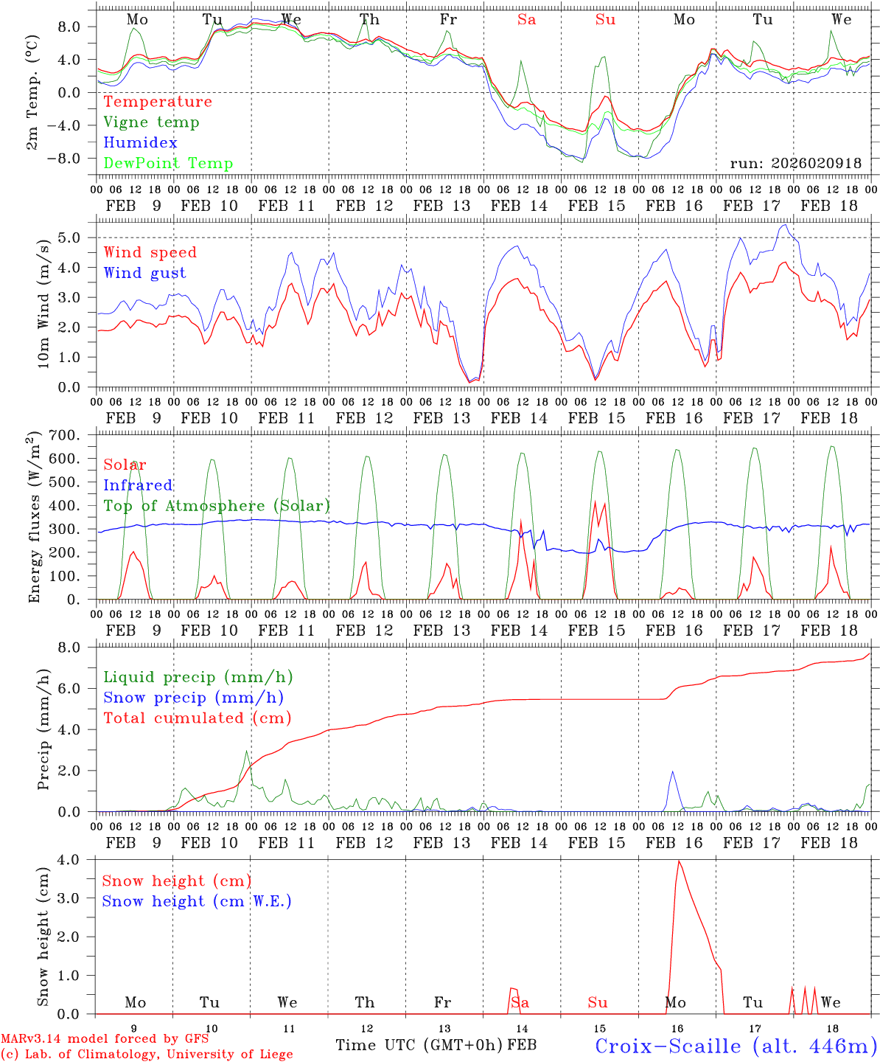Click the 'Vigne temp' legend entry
pyautogui.click(x=151, y=122)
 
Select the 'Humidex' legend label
pyautogui.click(x=140, y=143)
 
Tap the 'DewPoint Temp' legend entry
pyautogui.click(x=168, y=164)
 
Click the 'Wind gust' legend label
pyautogui.click(x=144, y=273)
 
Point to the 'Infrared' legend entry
pyautogui.click(x=138, y=485)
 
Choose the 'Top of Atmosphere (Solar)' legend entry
pyautogui.click(x=216, y=506)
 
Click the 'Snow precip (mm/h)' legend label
pyautogui.click(x=193, y=698)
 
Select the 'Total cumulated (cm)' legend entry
pyautogui.click(x=197, y=718)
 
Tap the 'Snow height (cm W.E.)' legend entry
pyautogui.click(x=196, y=901)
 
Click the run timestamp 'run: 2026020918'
pyautogui.click(x=795, y=164)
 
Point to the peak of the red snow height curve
pyautogui.click(x=678, y=861)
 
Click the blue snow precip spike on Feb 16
pyautogui.click(x=672, y=772)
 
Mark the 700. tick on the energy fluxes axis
pyautogui.click(x=74, y=435)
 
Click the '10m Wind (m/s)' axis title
pyautogui.click(x=43, y=302)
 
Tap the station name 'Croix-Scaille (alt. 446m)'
pyautogui.click(x=736, y=1046)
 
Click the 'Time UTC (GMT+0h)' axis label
pyautogui.click(x=419, y=1045)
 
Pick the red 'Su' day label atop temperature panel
pyautogui.click(x=605, y=20)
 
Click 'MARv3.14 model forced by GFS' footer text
pyautogui.click(x=105, y=1039)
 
